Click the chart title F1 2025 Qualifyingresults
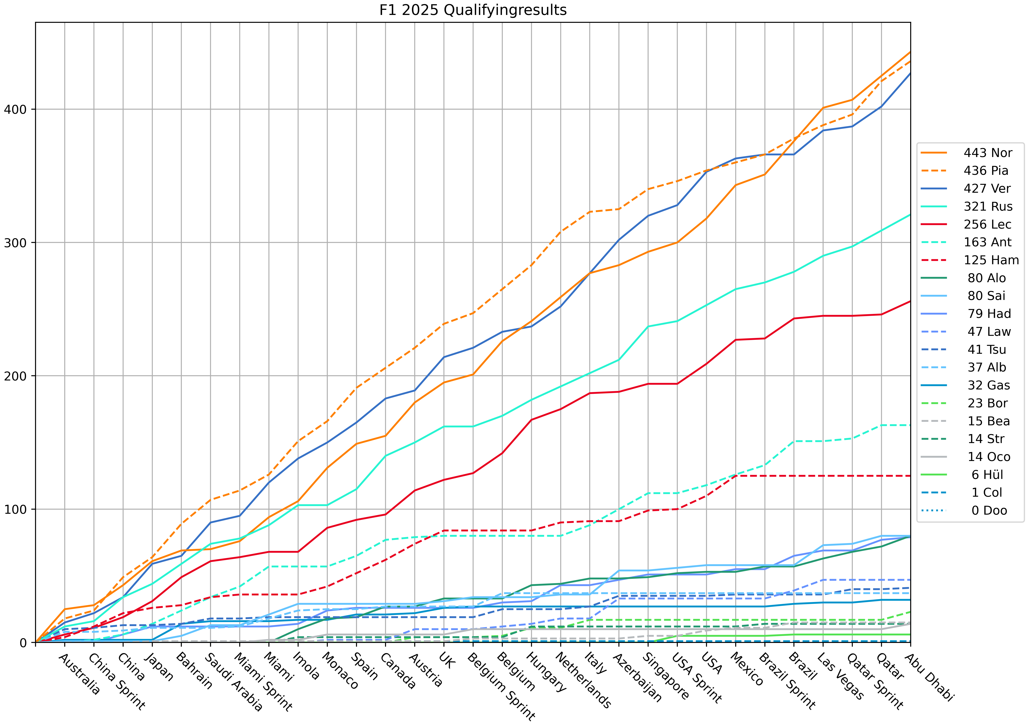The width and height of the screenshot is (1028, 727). pyautogui.click(x=473, y=10)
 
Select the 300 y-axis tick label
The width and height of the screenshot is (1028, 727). pyautogui.click(x=15, y=243)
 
